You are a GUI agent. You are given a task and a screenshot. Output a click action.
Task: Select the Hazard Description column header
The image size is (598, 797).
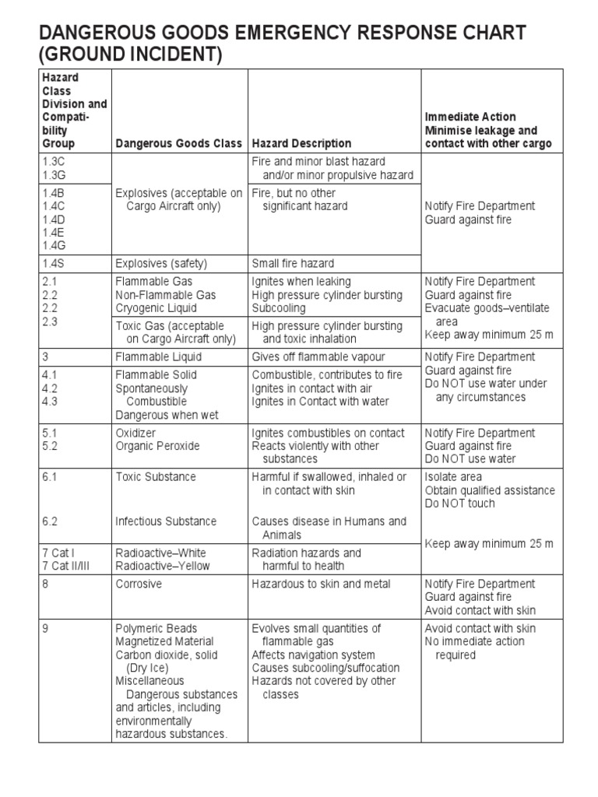[301, 144]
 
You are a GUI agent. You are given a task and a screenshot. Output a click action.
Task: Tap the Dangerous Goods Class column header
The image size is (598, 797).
[178, 144]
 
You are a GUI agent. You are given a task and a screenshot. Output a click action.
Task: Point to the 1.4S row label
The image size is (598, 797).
[55, 263]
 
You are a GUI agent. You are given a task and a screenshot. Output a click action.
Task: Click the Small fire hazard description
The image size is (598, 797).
[293, 263]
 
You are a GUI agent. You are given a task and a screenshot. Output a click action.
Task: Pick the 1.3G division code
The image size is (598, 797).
[55, 175]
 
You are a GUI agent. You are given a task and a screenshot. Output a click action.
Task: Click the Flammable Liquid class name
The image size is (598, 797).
[158, 356]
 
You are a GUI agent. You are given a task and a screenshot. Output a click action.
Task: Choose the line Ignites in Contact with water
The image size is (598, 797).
[318, 401]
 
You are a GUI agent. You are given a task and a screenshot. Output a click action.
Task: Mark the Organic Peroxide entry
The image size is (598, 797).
[157, 446]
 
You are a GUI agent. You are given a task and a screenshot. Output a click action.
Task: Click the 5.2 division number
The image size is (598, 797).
[51, 446]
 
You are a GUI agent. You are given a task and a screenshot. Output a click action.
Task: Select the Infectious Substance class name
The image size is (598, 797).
[166, 521]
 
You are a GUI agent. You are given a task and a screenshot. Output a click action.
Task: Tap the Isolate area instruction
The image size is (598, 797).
[453, 476]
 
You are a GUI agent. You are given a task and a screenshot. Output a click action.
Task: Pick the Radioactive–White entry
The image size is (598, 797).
[160, 553]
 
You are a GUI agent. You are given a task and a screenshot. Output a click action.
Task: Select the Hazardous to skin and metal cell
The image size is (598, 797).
[321, 584]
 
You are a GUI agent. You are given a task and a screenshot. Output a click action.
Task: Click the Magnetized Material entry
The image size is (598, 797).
[164, 641]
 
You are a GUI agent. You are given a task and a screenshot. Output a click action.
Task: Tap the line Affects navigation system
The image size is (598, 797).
[313, 655]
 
